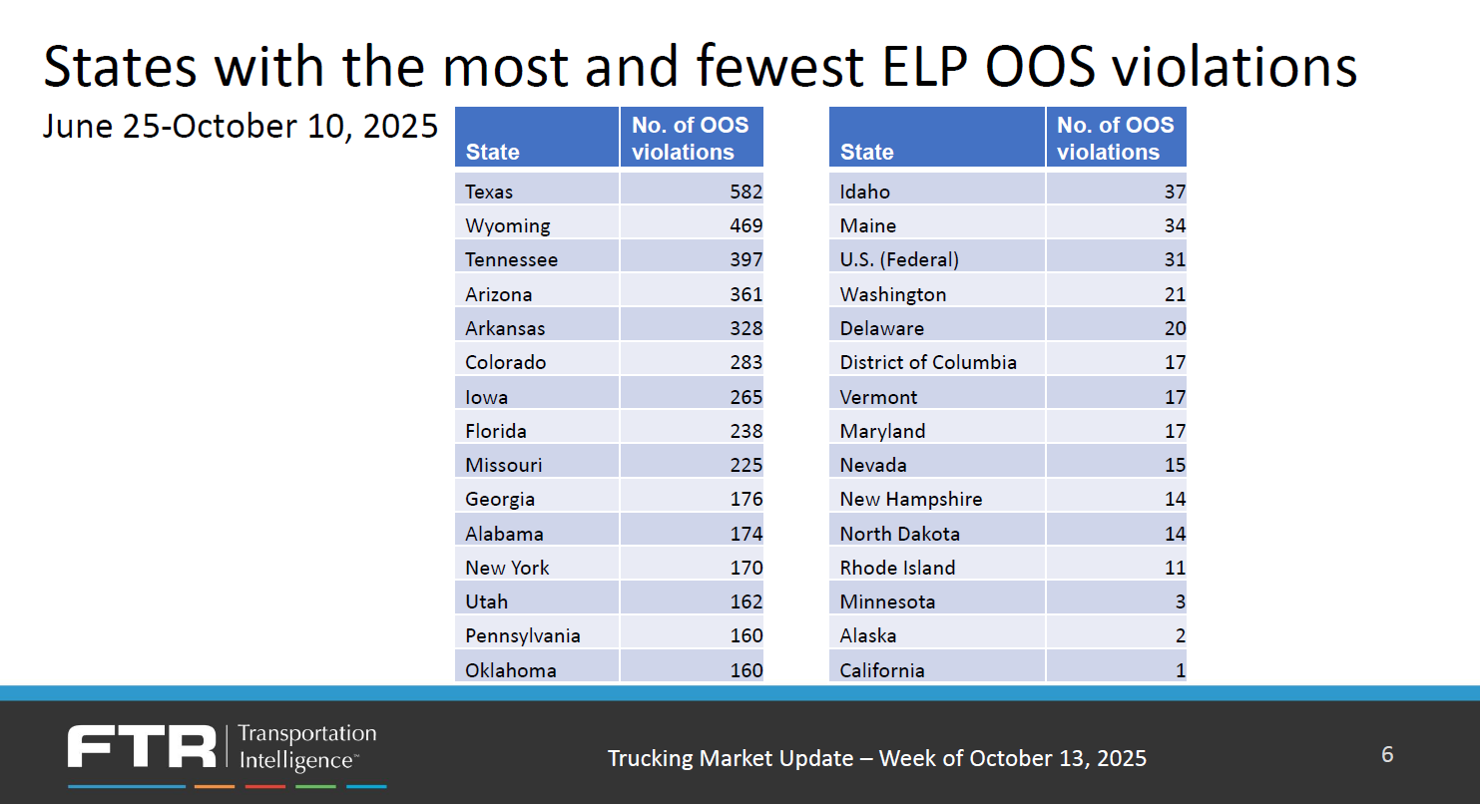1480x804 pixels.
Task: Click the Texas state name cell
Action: click(489, 192)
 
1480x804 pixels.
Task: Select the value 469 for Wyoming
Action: click(745, 225)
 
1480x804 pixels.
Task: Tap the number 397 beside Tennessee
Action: click(745, 259)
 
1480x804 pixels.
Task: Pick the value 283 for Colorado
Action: click(745, 362)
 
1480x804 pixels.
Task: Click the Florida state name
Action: click(496, 431)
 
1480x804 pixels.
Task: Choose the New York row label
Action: click(507, 568)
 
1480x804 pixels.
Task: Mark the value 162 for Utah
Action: click(745, 602)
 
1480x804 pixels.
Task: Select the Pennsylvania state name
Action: click(523, 635)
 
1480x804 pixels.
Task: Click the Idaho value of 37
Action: click(1175, 192)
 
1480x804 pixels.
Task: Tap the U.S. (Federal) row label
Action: click(899, 259)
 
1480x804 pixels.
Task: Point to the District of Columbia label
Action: click(928, 362)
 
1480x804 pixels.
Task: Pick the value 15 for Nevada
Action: click(1175, 465)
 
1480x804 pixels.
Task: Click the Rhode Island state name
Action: click(897, 568)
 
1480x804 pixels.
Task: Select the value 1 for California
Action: click(1181, 670)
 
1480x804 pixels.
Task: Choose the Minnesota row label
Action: click(887, 602)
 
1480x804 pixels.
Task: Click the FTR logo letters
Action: click(142, 747)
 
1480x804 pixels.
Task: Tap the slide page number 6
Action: click(1387, 754)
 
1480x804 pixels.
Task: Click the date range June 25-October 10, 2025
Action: click(241, 127)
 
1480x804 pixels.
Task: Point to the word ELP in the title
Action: click(924, 67)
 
